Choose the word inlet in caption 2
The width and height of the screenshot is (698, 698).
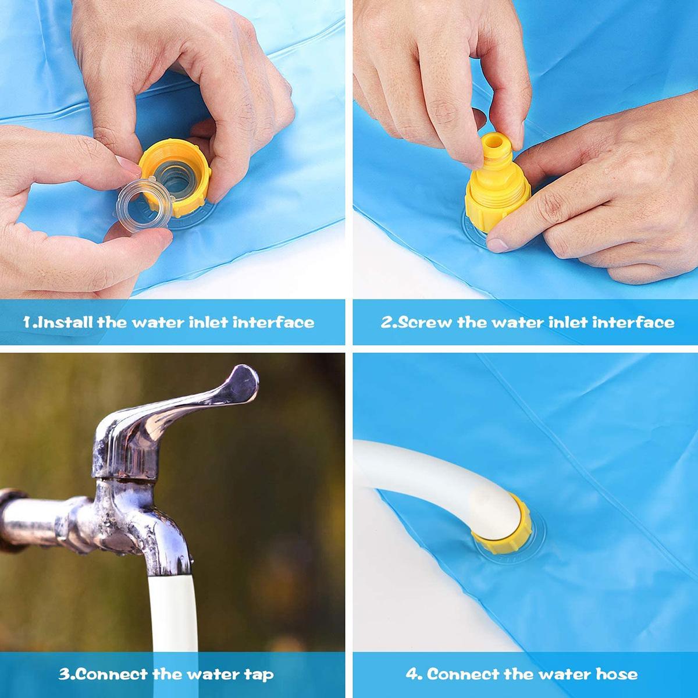coord(568,322)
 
